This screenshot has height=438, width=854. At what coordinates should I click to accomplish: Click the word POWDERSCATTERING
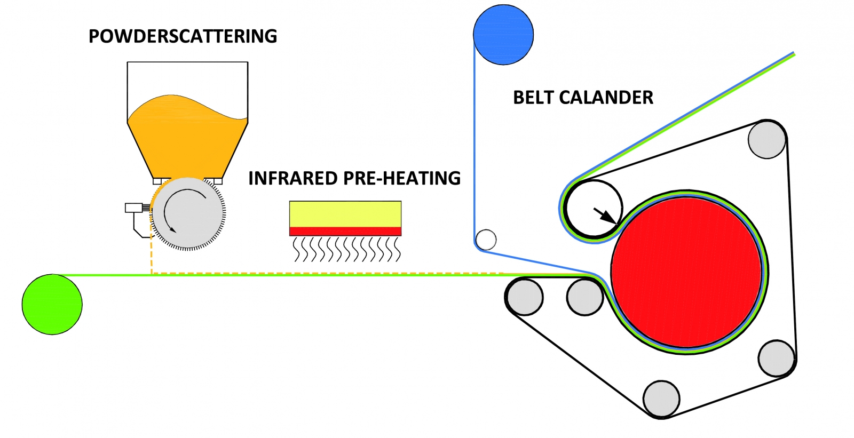click(183, 36)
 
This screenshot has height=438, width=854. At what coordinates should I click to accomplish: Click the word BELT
click(534, 98)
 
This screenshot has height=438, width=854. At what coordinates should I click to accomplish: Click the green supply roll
click(52, 305)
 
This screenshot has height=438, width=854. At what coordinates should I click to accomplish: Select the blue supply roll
click(503, 34)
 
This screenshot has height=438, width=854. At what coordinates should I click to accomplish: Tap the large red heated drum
click(686, 272)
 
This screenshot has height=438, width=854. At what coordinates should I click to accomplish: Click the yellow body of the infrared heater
click(345, 214)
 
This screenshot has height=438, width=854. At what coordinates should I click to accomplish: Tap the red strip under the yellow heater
click(345, 231)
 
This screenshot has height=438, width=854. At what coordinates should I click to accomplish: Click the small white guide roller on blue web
click(486, 240)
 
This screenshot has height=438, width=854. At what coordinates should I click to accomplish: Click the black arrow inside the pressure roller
click(604, 214)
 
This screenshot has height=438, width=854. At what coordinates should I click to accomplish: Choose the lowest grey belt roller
click(661, 399)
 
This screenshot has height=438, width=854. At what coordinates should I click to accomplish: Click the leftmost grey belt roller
click(525, 297)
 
